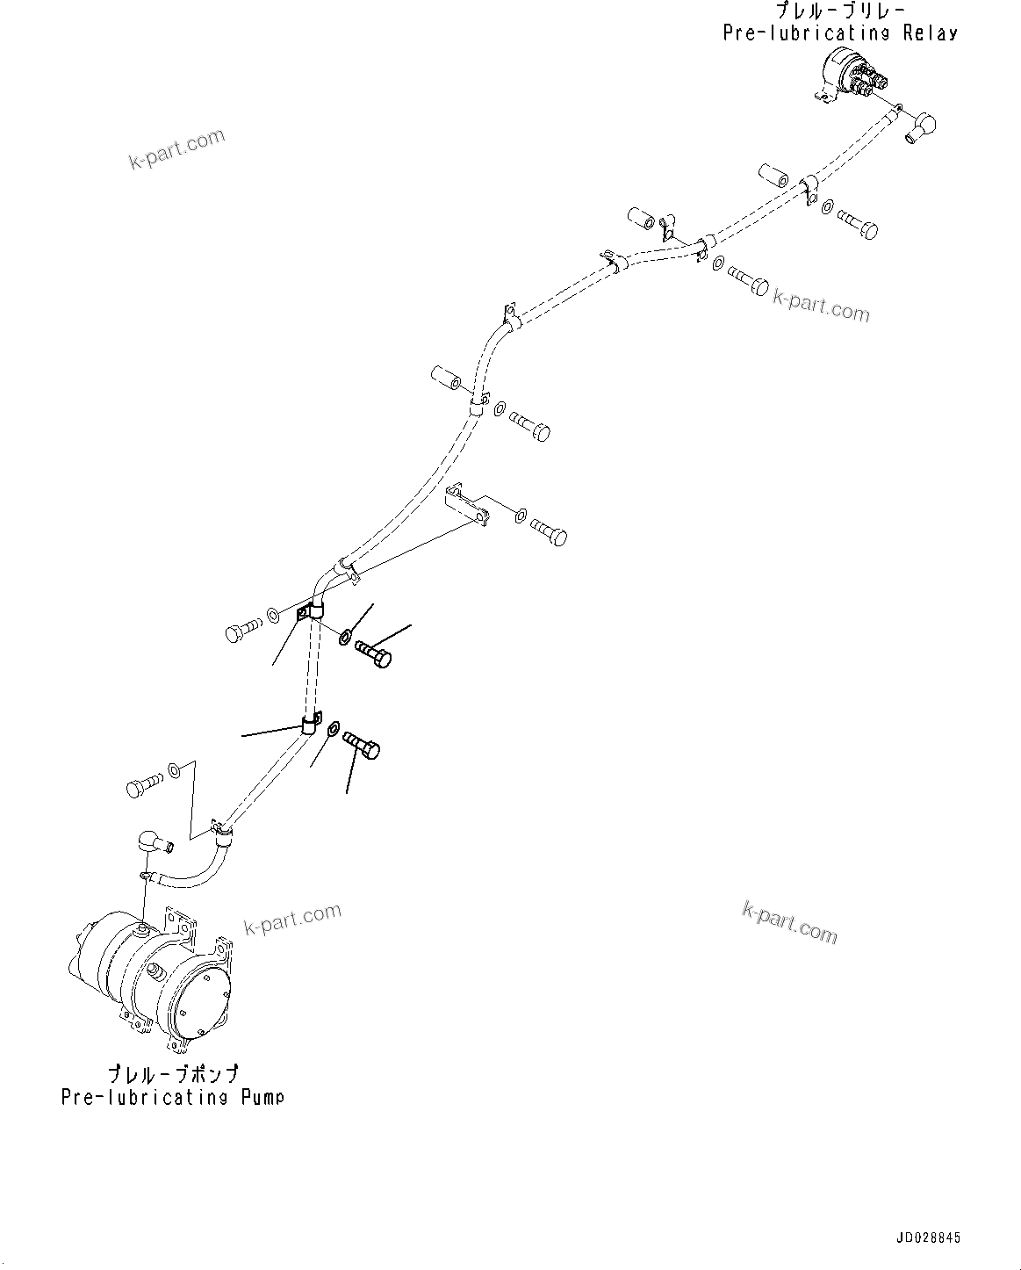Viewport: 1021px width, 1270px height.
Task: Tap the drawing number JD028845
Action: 928,1238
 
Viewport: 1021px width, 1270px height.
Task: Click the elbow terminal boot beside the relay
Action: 917,129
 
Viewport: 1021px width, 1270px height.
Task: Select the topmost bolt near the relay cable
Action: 858,223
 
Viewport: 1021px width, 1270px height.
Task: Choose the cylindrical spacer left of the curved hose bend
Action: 447,382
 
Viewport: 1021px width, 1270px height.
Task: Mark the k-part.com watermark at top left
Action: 176,149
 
